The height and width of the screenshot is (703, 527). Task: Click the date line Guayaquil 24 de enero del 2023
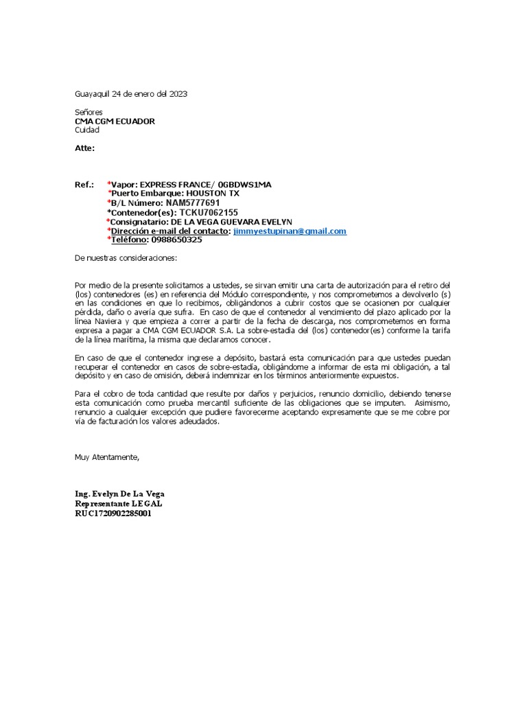pos(130,93)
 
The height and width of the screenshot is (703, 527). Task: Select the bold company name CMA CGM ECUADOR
pos(115,121)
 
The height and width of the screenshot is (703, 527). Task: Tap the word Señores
pos(89,111)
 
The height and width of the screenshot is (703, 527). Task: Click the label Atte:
pos(84,148)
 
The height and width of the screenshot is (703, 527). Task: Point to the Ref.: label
pos(84,185)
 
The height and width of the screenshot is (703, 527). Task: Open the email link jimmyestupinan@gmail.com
pos(290,231)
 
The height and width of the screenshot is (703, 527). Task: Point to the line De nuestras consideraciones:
pos(126,259)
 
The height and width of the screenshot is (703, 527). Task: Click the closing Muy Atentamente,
pos(107,457)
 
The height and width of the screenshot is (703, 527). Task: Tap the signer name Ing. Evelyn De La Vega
pos(119,494)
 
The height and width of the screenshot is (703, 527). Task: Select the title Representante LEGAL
pos(119,503)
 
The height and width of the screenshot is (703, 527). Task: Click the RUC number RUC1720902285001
pos(113,513)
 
